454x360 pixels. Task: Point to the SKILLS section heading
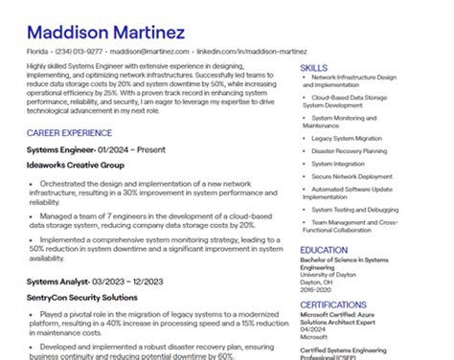point(314,68)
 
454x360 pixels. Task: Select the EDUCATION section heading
point(324,250)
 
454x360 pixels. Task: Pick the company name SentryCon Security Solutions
point(82,298)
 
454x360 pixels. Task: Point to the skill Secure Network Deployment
point(352,176)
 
